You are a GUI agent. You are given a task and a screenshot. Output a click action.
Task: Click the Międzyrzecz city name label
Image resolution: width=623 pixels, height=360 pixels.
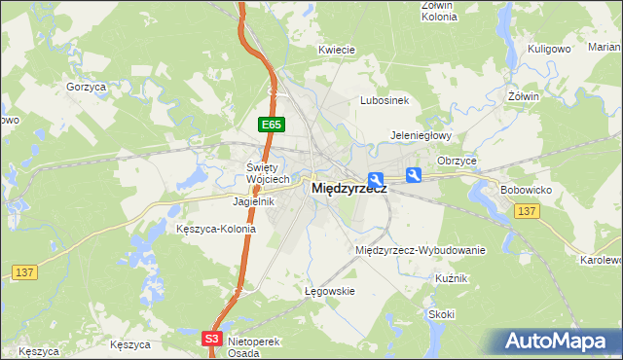click(x=348, y=189)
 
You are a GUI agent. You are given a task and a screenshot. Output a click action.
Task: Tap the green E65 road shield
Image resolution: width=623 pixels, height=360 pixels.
click(x=272, y=125)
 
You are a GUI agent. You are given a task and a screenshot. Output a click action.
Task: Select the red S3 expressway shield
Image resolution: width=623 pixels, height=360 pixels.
click(x=213, y=338)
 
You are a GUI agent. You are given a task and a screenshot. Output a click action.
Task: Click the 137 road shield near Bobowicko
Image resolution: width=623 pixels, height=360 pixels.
click(x=528, y=211)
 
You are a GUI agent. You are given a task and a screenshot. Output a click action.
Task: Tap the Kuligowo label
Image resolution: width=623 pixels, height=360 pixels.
click(x=549, y=48)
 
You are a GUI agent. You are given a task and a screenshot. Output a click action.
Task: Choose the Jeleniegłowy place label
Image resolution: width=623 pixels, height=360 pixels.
click(x=421, y=135)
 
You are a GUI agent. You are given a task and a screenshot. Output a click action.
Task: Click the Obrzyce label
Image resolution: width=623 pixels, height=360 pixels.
click(x=457, y=160)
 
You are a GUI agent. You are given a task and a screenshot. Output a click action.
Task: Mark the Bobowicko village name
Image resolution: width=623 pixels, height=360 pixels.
click(x=526, y=189)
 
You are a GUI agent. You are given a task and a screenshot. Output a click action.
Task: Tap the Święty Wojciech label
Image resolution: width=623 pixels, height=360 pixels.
click(x=268, y=172)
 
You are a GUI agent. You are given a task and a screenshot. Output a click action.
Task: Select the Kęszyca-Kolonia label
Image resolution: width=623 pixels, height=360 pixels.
click(x=216, y=230)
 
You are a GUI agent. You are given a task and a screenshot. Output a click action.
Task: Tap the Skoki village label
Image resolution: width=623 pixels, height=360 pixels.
click(x=441, y=314)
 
